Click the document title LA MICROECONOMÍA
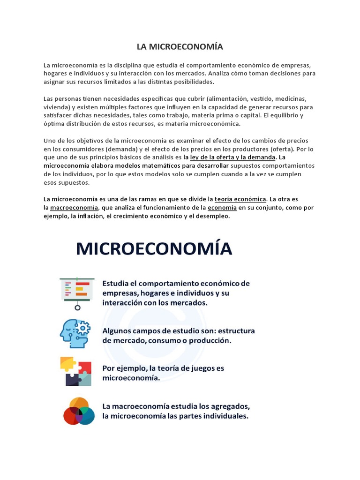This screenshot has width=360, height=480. pos(180,47)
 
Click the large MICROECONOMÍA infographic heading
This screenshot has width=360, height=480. pos(154,249)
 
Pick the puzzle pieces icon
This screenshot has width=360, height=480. pos(75,371)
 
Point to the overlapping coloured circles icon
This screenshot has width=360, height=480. pos(79,411)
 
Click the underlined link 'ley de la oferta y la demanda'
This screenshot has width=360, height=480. pos(232,157)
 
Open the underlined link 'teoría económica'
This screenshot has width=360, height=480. pos(240,199)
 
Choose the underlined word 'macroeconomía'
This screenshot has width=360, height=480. pos(74,207)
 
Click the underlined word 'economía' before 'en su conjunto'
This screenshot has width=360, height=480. pos(222,207)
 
